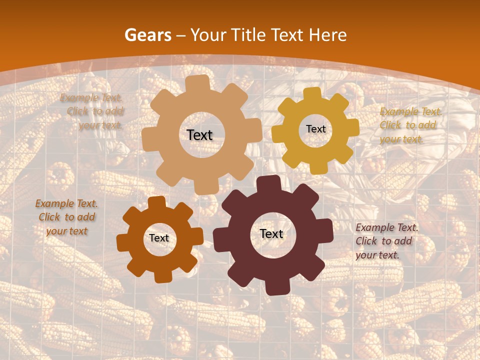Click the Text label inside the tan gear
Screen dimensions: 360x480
click(199, 135)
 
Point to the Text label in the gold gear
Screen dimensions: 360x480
click(315, 129)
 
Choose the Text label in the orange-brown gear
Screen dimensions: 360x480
click(159, 238)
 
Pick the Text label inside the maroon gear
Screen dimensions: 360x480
click(271, 233)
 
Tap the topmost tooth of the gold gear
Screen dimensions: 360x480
click(312, 93)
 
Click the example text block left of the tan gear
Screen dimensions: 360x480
click(93, 111)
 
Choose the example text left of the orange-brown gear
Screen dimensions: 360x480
click(66, 217)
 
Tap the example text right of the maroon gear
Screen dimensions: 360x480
click(386, 241)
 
